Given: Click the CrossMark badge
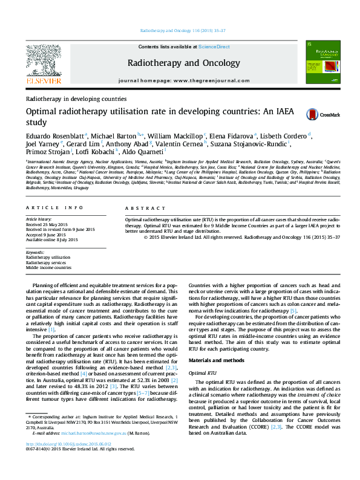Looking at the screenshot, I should point(322,114).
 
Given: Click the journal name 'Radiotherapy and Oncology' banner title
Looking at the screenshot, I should point(180,63).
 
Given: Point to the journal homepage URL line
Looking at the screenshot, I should point(180,80).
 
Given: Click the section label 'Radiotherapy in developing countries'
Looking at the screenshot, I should point(76,99).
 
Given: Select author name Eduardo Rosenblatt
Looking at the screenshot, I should point(54,135).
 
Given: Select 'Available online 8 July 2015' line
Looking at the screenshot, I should point(52,239).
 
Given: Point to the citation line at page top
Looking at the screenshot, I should point(180,30).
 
